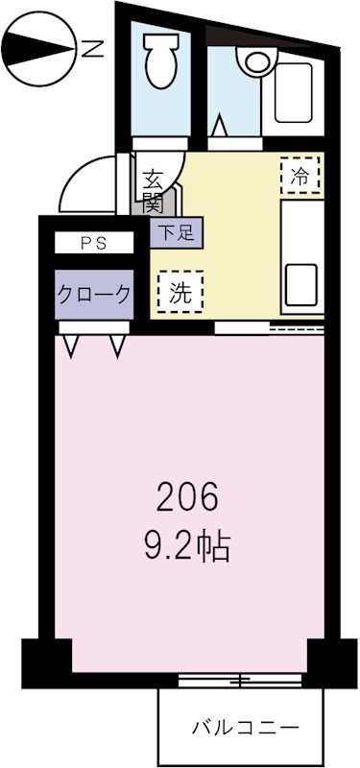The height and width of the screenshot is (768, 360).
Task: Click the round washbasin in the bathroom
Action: coord(256,60)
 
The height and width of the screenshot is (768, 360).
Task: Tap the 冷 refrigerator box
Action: coord(300,177)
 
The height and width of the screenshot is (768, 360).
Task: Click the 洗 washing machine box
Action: coord(180,294)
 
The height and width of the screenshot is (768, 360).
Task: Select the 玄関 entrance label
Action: coord(154,189)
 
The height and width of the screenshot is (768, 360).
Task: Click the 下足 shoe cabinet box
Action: coord(176,231)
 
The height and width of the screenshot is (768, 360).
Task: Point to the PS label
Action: coord(93,244)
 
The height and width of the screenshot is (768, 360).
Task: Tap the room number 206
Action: coord(188,497)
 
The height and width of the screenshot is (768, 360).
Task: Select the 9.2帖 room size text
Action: coord(188,547)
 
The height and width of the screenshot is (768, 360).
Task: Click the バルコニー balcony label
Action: coord(240,726)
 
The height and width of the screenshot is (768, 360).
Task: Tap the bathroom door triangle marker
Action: coord(218,126)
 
